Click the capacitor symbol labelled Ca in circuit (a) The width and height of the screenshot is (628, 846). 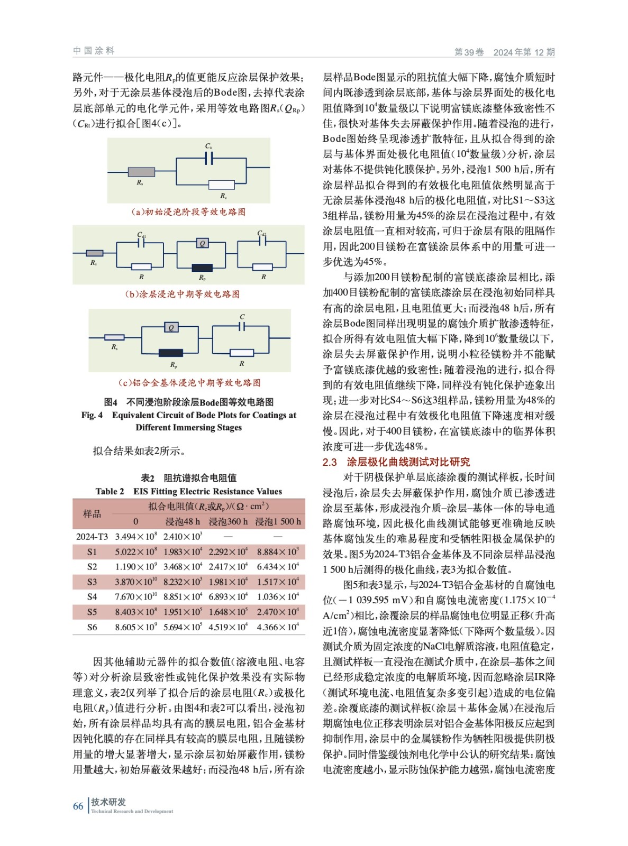(x=209, y=158)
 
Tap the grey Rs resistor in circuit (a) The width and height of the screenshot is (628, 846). (x=141, y=171)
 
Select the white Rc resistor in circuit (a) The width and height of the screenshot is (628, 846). (x=221, y=185)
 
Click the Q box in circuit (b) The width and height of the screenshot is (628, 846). (x=202, y=243)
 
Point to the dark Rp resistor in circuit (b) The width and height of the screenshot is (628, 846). (x=202, y=268)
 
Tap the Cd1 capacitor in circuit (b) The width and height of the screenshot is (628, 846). (x=141, y=243)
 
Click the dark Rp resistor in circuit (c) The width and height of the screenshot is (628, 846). (x=171, y=353)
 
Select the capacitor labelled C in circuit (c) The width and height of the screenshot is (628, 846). (x=242, y=326)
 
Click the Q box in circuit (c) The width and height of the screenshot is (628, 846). (x=171, y=328)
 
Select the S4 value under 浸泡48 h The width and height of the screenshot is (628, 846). (x=183, y=596)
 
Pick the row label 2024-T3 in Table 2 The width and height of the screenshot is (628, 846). (x=92, y=537)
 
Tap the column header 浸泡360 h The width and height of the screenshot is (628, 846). (x=228, y=521)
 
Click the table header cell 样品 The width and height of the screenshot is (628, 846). (x=92, y=514)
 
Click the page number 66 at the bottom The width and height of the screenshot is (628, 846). (x=78, y=806)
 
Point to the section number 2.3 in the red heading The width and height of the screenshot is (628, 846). (x=330, y=462)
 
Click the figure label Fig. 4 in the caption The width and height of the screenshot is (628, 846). (x=92, y=415)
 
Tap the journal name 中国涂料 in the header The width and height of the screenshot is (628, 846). (x=94, y=51)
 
